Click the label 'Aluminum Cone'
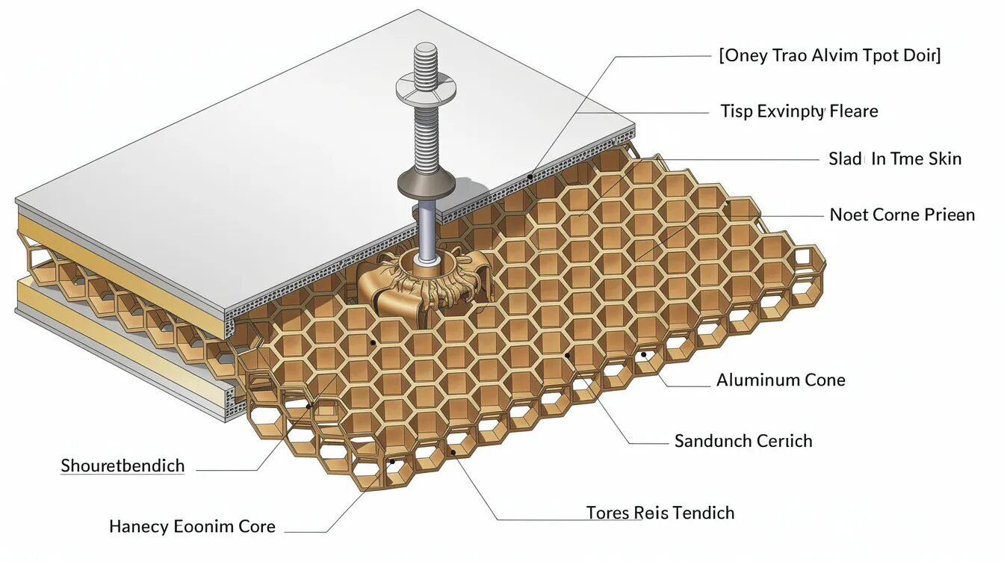click(x=781, y=380)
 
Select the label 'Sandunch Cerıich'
click(x=743, y=441)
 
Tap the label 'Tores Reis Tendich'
click(x=660, y=513)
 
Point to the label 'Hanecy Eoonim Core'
click(x=192, y=527)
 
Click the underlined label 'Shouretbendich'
click(x=123, y=466)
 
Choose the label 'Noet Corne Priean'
click(x=902, y=214)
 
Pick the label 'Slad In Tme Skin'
click(x=895, y=158)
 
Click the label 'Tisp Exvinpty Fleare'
click(x=799, y=111)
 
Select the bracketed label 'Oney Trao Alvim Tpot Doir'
click(x=830, y=55)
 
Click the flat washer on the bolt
click(x=426, y=88)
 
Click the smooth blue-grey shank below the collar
click(x=427, y=231)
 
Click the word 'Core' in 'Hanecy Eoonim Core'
click(x=257, y=527)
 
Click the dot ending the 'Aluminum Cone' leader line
click(x=644, y=355)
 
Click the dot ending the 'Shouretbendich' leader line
click(x=309, y=407)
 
